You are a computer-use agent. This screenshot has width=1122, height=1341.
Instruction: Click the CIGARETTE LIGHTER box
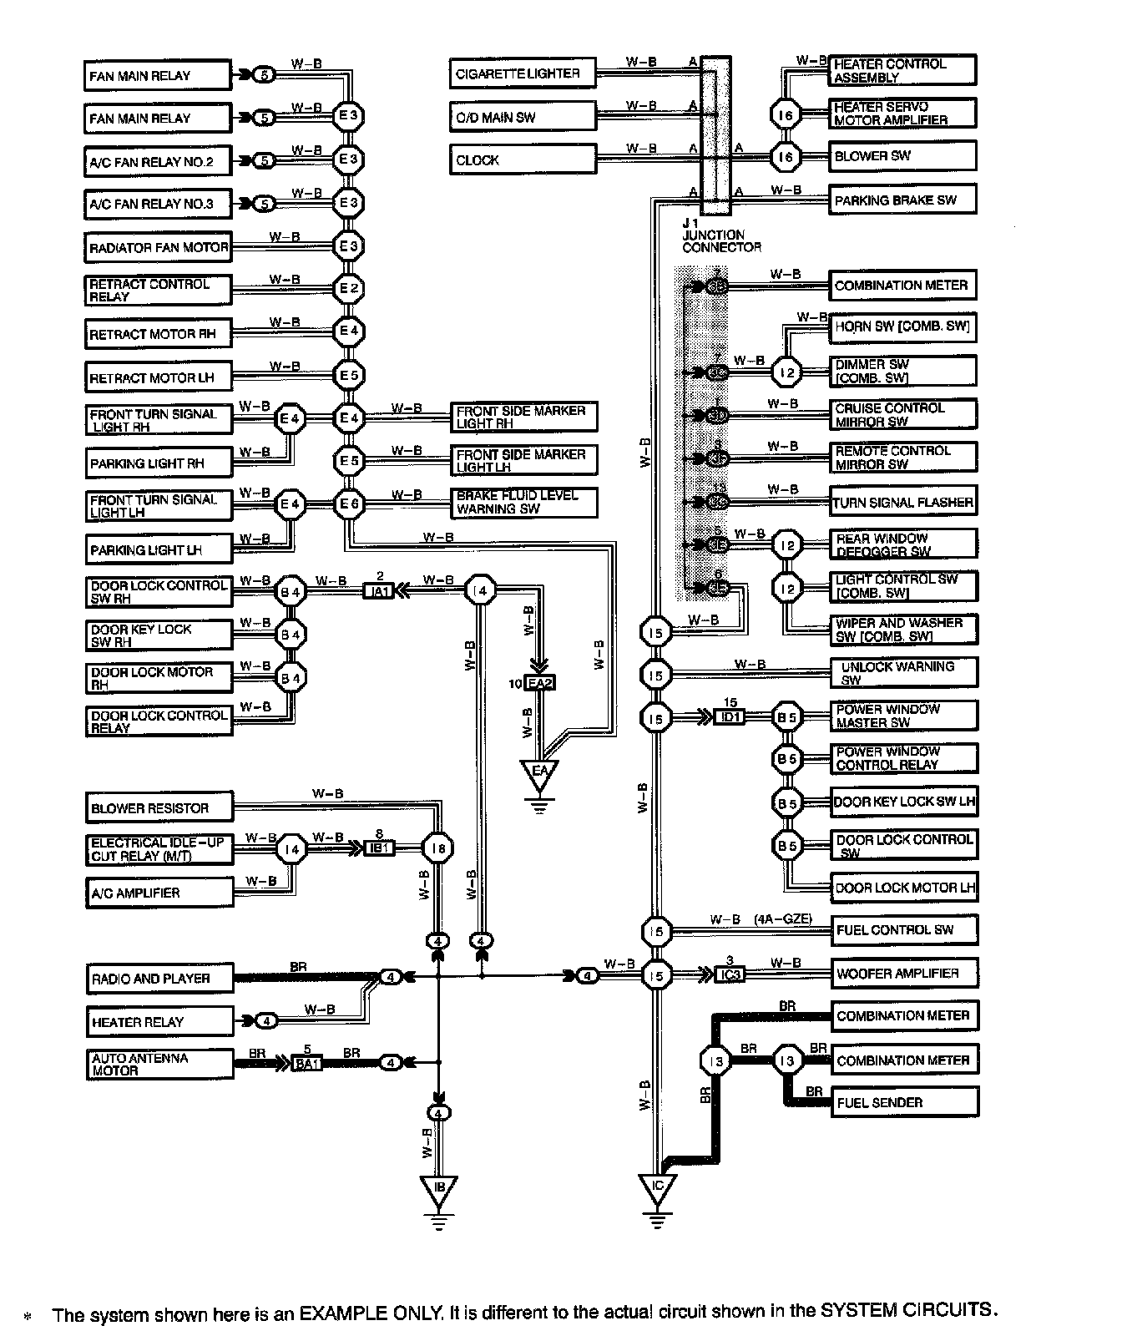523,73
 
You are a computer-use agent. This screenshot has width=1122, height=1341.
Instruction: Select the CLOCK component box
523,159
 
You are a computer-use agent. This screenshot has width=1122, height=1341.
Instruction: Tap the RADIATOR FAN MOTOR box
158,247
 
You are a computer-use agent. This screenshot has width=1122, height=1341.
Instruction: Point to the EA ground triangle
539,773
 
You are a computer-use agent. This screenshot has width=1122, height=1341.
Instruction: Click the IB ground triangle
439,1190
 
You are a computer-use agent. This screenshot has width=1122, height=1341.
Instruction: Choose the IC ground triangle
658,1187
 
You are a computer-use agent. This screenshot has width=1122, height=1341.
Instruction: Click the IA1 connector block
379,591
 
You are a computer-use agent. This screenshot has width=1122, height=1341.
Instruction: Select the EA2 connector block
540,683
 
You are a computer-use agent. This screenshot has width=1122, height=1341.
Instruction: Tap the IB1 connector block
379,848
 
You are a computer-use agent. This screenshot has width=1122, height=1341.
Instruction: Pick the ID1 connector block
729,716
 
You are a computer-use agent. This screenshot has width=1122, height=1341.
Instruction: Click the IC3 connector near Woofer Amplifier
729,974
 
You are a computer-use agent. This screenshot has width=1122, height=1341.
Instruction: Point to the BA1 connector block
307,1064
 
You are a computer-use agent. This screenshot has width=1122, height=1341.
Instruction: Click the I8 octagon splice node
437,849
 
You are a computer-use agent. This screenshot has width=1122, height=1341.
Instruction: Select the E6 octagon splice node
348,504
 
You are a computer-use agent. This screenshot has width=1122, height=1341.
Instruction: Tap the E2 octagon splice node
348,289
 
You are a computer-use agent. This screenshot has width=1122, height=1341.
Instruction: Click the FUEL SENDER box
904,1103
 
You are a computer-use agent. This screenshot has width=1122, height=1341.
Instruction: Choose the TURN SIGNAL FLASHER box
902,503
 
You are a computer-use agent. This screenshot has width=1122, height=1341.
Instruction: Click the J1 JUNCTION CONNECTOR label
720,235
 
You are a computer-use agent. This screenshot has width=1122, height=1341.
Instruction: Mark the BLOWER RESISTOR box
159,808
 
